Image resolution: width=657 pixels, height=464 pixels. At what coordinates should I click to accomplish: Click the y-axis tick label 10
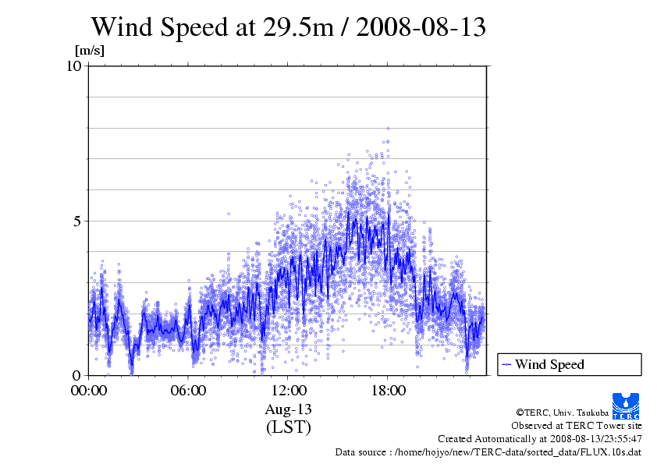(74, 66)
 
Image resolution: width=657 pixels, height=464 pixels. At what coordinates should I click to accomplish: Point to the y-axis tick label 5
(77, 221)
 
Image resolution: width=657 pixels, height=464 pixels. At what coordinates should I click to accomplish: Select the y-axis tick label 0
(77, 375)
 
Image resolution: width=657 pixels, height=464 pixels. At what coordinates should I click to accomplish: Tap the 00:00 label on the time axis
(89, 390)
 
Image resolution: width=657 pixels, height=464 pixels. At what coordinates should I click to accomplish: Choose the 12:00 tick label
(288, 390)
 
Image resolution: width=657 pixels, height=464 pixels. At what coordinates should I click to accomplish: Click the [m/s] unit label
(89, 51)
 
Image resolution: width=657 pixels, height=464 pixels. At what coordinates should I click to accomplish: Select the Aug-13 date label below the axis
(288, 409)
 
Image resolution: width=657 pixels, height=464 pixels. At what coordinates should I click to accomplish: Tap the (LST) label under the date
(288, 427)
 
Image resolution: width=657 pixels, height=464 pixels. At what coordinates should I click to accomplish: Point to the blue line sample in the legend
(506, 364)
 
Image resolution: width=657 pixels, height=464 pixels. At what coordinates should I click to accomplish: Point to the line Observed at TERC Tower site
(576, 426)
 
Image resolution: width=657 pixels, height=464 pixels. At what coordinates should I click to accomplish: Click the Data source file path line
(488, 452)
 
